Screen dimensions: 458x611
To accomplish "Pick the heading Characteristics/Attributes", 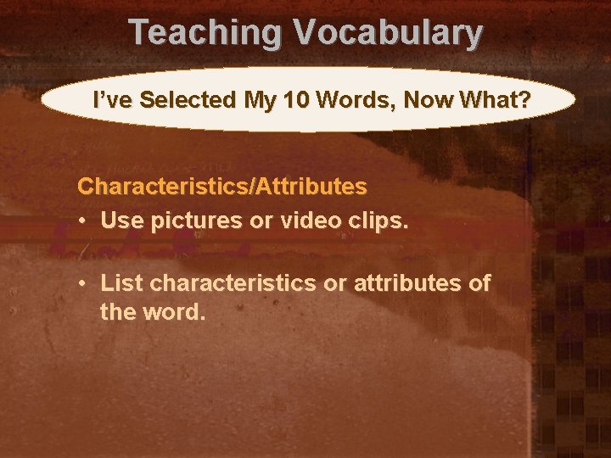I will point(222,185).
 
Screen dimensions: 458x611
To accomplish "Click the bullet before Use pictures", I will point(85,221).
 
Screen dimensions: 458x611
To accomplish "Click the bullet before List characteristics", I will point(85,283).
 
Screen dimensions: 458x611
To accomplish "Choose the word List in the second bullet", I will point(120,283).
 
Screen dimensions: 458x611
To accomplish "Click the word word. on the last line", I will point(177,312).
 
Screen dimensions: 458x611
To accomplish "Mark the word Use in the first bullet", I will point(120,221).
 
